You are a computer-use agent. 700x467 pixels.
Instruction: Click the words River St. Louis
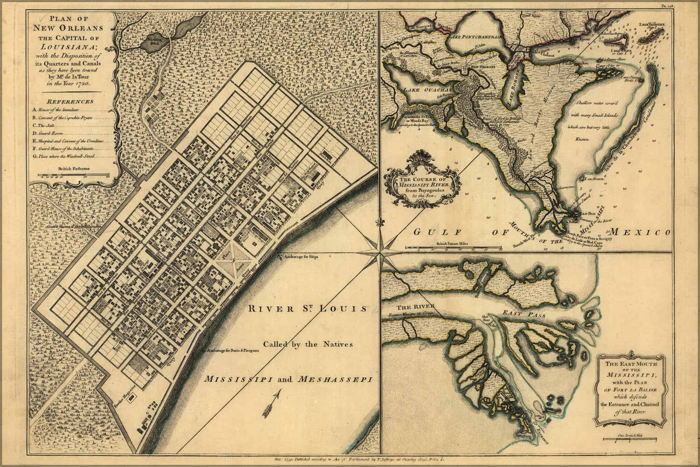(307, 308)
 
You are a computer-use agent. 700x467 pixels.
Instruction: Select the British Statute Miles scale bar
(452, 247)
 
